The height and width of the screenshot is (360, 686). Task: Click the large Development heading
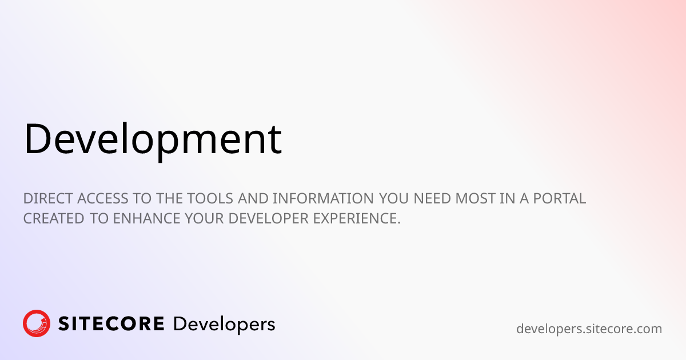coord(153,139)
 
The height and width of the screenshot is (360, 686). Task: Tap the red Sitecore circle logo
coord(37,324)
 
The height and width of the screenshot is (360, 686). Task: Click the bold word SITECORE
coord(111,324)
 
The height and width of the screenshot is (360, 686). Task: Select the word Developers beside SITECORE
coord(224,325)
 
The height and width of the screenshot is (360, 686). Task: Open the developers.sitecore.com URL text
coord(589,329)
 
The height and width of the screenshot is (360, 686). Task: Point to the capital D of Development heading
coord(36,138)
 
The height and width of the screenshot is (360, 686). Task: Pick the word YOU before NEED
coord(396,199)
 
